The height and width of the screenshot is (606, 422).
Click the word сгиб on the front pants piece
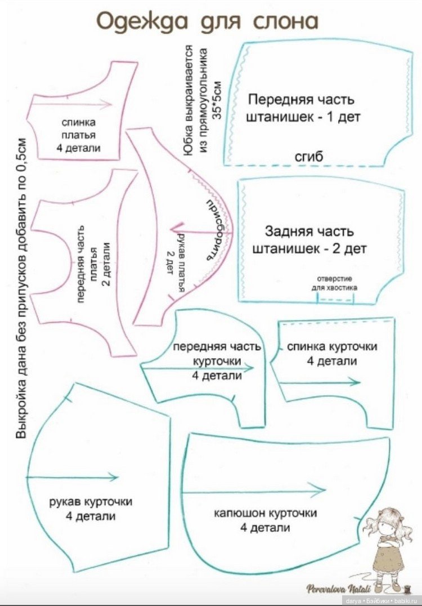[x=309, y=157]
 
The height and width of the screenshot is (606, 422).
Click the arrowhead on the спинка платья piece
[x=110, y=104]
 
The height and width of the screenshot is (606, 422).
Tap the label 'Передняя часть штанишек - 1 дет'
[x=301, y=109]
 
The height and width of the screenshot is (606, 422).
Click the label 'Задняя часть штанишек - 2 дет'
[x=309, y=240]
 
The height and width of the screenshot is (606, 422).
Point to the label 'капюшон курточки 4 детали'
[x=265, y=520]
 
